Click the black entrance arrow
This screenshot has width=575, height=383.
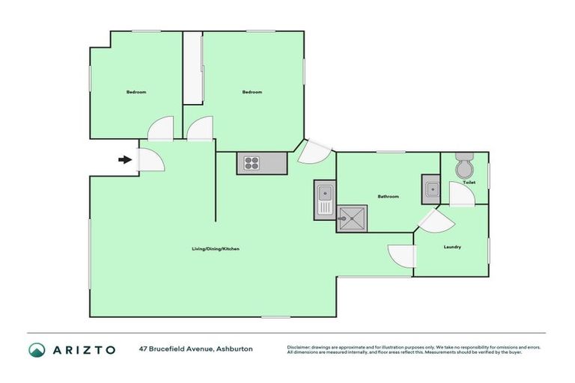click(124, 159)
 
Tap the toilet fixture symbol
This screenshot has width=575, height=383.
click(464, 166)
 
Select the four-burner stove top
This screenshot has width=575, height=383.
click(250, 162)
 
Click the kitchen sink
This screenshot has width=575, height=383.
click(325, 200)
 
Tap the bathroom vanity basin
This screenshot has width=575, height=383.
click(431, 189)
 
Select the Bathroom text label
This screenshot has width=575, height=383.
click(388, 197)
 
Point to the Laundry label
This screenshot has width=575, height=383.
click(452, 247)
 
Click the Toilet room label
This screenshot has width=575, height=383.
click(469, 183)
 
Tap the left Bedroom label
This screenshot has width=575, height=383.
click(136, 92)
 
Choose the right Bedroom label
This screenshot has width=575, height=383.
click(252, 92)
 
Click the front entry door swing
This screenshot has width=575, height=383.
click(148, 159)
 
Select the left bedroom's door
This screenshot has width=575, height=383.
click(161, 129)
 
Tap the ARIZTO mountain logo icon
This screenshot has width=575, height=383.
click(37, 349)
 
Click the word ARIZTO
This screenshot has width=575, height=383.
click(83, 349)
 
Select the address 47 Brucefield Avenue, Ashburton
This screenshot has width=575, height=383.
click(195, 349)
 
